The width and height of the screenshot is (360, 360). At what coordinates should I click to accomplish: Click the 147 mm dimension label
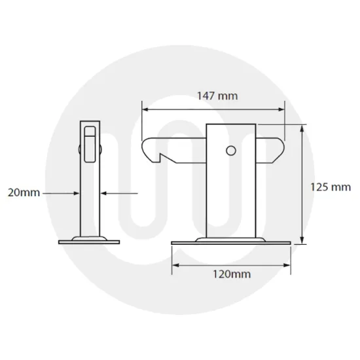point(217,96)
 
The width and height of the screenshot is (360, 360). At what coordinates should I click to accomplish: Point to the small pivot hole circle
point(230,151)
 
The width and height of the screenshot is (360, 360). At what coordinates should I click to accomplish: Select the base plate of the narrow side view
point(90,240)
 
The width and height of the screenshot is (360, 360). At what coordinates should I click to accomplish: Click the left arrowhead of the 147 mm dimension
point(146,109)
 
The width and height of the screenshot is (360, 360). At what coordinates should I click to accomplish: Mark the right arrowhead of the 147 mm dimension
point(283,109)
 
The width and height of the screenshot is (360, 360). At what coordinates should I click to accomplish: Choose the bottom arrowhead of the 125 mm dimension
point(302,239)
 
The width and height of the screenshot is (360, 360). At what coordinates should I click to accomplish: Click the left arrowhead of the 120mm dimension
point(175,265)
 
